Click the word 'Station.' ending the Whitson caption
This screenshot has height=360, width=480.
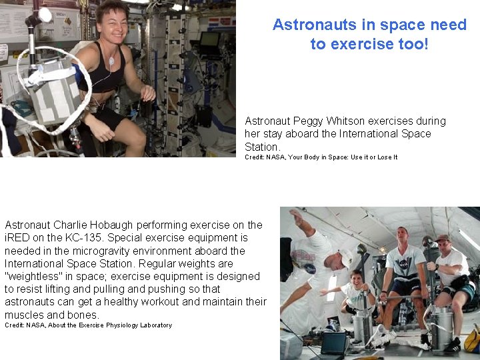tap(262, 147)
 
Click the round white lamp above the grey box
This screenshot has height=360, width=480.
tap(45, 15)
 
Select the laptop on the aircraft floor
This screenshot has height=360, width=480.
tap(333, 343)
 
